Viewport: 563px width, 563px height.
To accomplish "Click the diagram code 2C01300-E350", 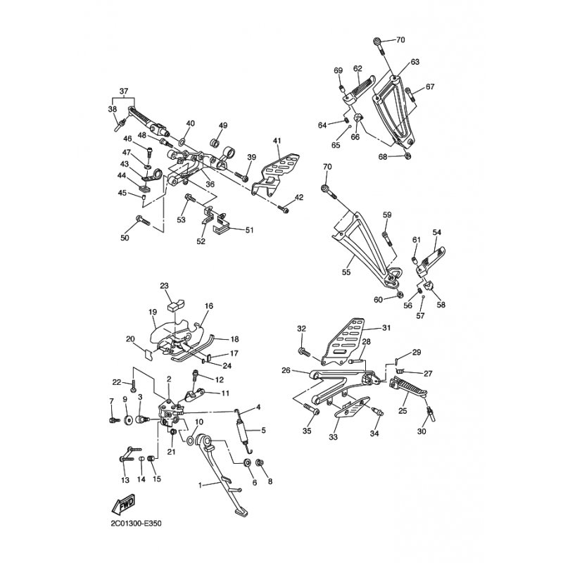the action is click(136, 524).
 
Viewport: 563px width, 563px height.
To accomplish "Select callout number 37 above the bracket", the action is click(124, 91).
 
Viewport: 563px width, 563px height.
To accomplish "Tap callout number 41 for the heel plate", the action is click(277, 141).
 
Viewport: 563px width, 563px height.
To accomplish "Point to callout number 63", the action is click(415, 62).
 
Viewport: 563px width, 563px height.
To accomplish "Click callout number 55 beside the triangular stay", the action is click(346, 272).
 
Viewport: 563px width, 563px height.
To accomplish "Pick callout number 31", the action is click(386, 327).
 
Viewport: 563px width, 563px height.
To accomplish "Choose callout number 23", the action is click(164, 286).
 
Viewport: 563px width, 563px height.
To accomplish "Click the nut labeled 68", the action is click(407, 156).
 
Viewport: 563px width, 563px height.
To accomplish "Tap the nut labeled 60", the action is click(398, 295).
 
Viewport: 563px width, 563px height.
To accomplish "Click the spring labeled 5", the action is click(242, 430).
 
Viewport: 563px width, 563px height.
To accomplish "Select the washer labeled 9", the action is click(127, 419).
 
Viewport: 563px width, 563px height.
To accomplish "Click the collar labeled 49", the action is click(215, 143).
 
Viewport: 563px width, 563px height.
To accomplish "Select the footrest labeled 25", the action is click(407, 386).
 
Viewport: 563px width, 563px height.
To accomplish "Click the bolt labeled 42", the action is click(284, 208).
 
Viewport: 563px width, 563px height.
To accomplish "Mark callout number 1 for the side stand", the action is click(201, 485).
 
